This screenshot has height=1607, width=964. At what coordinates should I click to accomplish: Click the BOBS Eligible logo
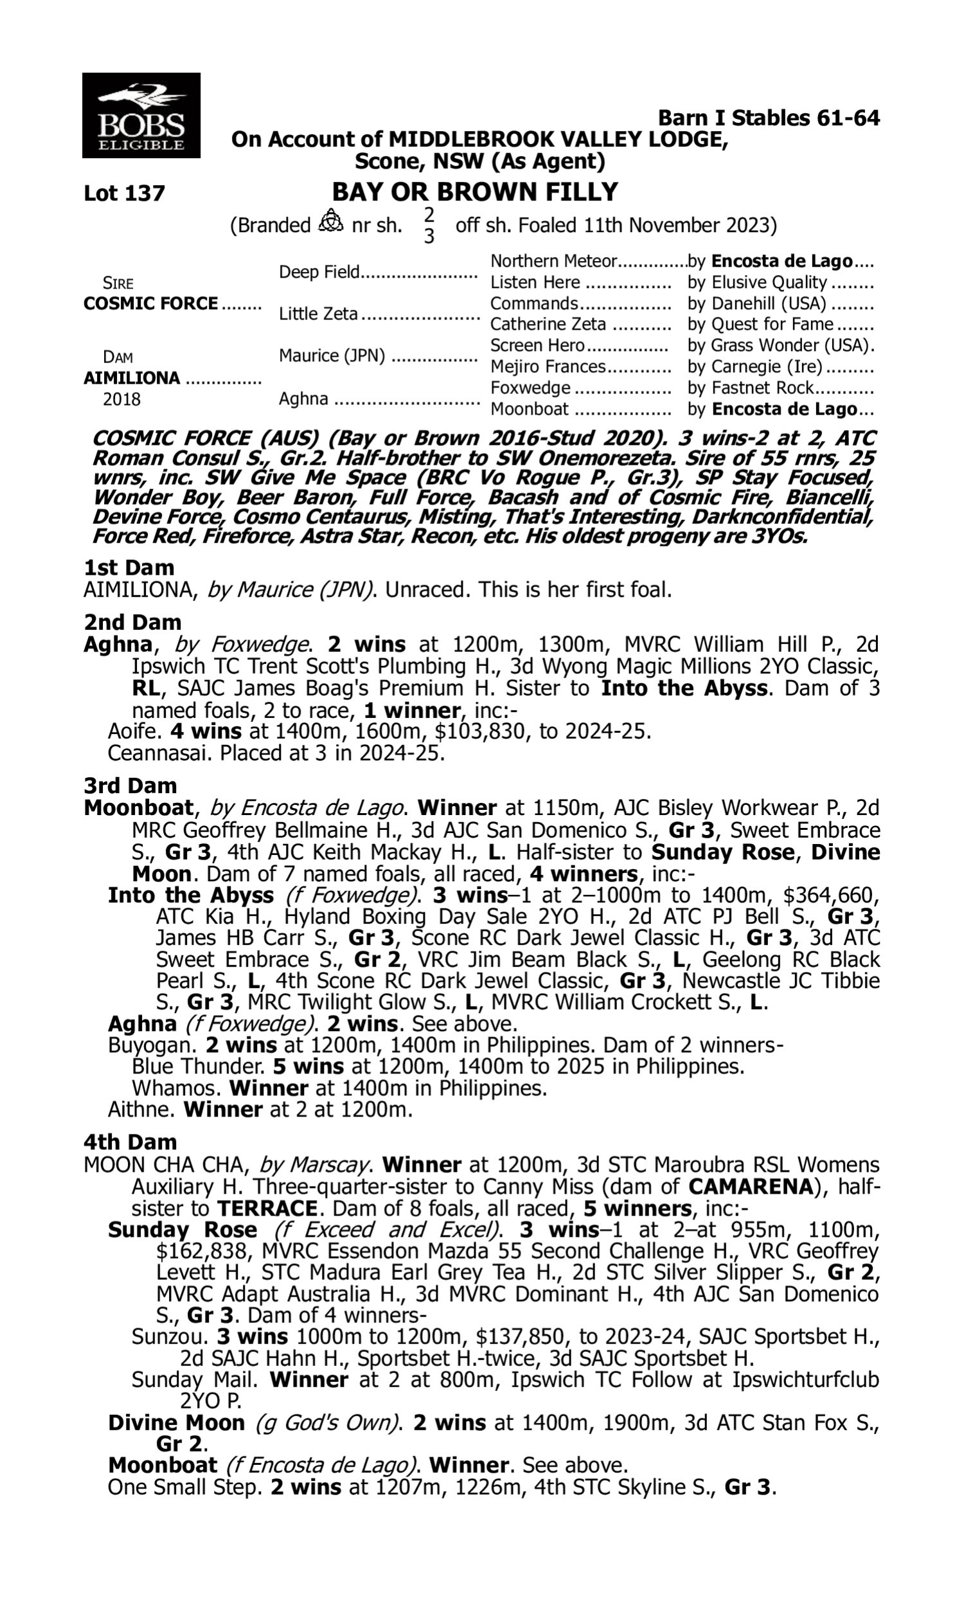[x=141, y=116]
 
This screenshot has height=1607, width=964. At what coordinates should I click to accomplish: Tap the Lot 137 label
[x=124, y=193]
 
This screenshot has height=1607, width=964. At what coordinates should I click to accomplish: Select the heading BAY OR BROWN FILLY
[x=475, y=192]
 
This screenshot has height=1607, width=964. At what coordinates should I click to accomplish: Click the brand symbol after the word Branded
[x=330, y=222]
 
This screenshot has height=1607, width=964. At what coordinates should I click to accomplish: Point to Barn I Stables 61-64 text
[x=769, y=118]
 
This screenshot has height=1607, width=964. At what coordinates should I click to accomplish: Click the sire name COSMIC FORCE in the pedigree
[x=151, y=303]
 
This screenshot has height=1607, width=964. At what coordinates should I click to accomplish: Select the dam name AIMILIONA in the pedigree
[x=132, y=378]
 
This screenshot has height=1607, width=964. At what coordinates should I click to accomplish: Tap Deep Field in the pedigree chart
[x=319, y=271]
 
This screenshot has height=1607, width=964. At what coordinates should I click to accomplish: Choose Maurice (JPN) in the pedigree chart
[x=332, y=356]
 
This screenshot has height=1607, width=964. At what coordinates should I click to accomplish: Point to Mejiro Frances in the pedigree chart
[x=548, y=367]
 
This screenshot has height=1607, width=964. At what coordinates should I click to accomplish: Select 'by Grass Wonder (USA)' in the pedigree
[x=780, y=345]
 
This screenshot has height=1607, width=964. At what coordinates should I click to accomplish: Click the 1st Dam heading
[x=129, y=567]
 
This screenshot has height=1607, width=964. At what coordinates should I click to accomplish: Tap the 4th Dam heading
[x=130, y=1141]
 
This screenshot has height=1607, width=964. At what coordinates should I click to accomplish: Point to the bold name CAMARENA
[x=750, y=1187]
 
